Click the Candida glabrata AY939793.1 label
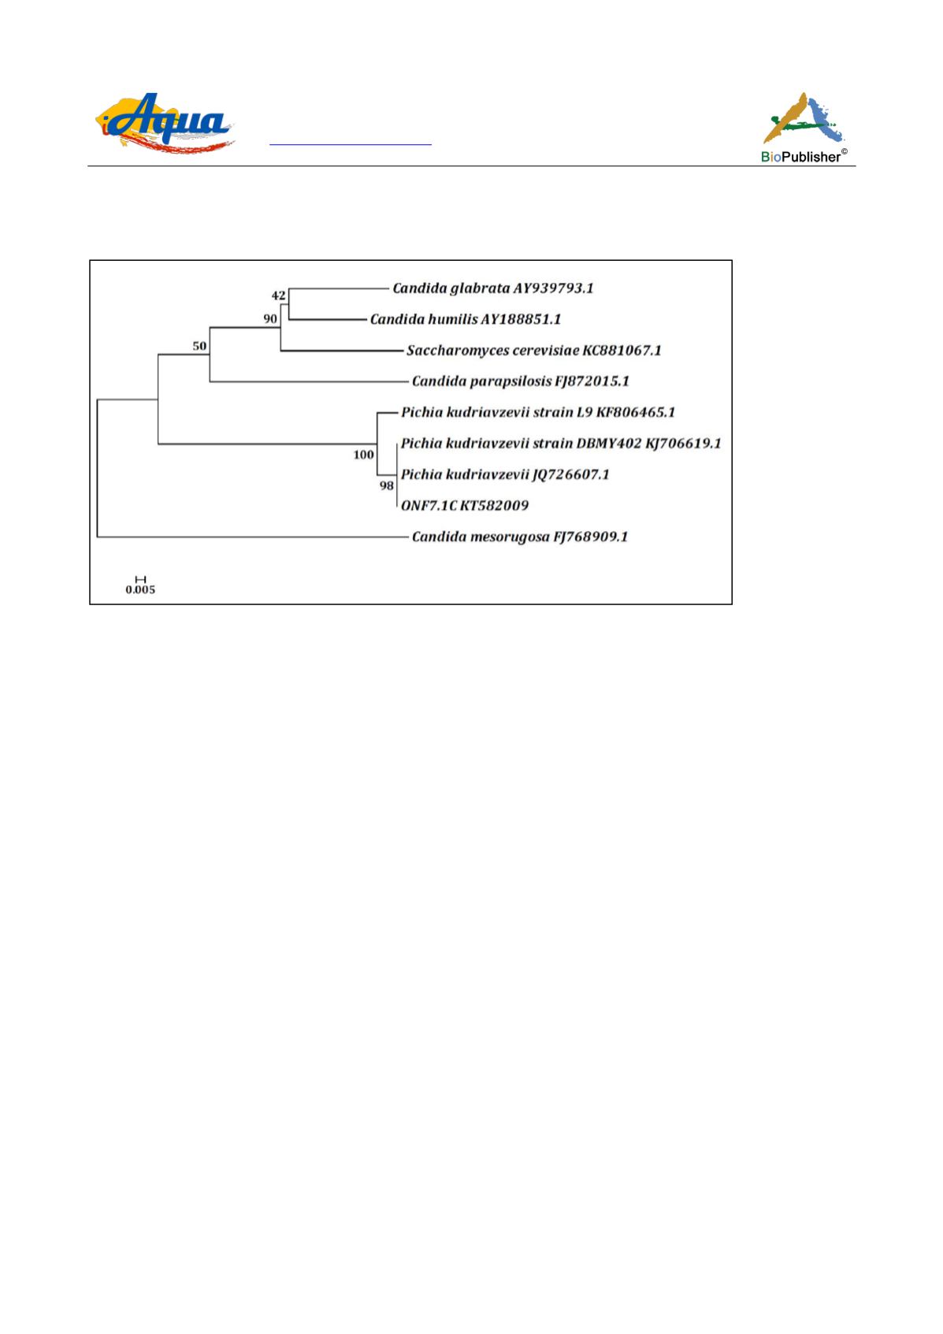[493, 289]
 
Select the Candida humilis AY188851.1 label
[466, 320]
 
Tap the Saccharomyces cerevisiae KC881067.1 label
[534, 351]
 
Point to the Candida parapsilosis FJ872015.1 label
[520, 381]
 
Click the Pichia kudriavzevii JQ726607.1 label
[505, 474]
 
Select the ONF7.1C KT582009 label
[464, 506]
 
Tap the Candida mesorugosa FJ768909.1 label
[520, 537]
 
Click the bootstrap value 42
[279, 295]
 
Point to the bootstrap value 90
[270, 319]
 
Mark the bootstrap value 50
[199, 346]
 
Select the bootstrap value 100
[364, 455]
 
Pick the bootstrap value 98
[386, 486]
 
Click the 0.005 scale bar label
[140, 589]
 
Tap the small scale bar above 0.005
[140, 579]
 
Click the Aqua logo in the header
[165, 123]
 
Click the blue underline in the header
[351, 144]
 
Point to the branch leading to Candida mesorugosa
[253, 537]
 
